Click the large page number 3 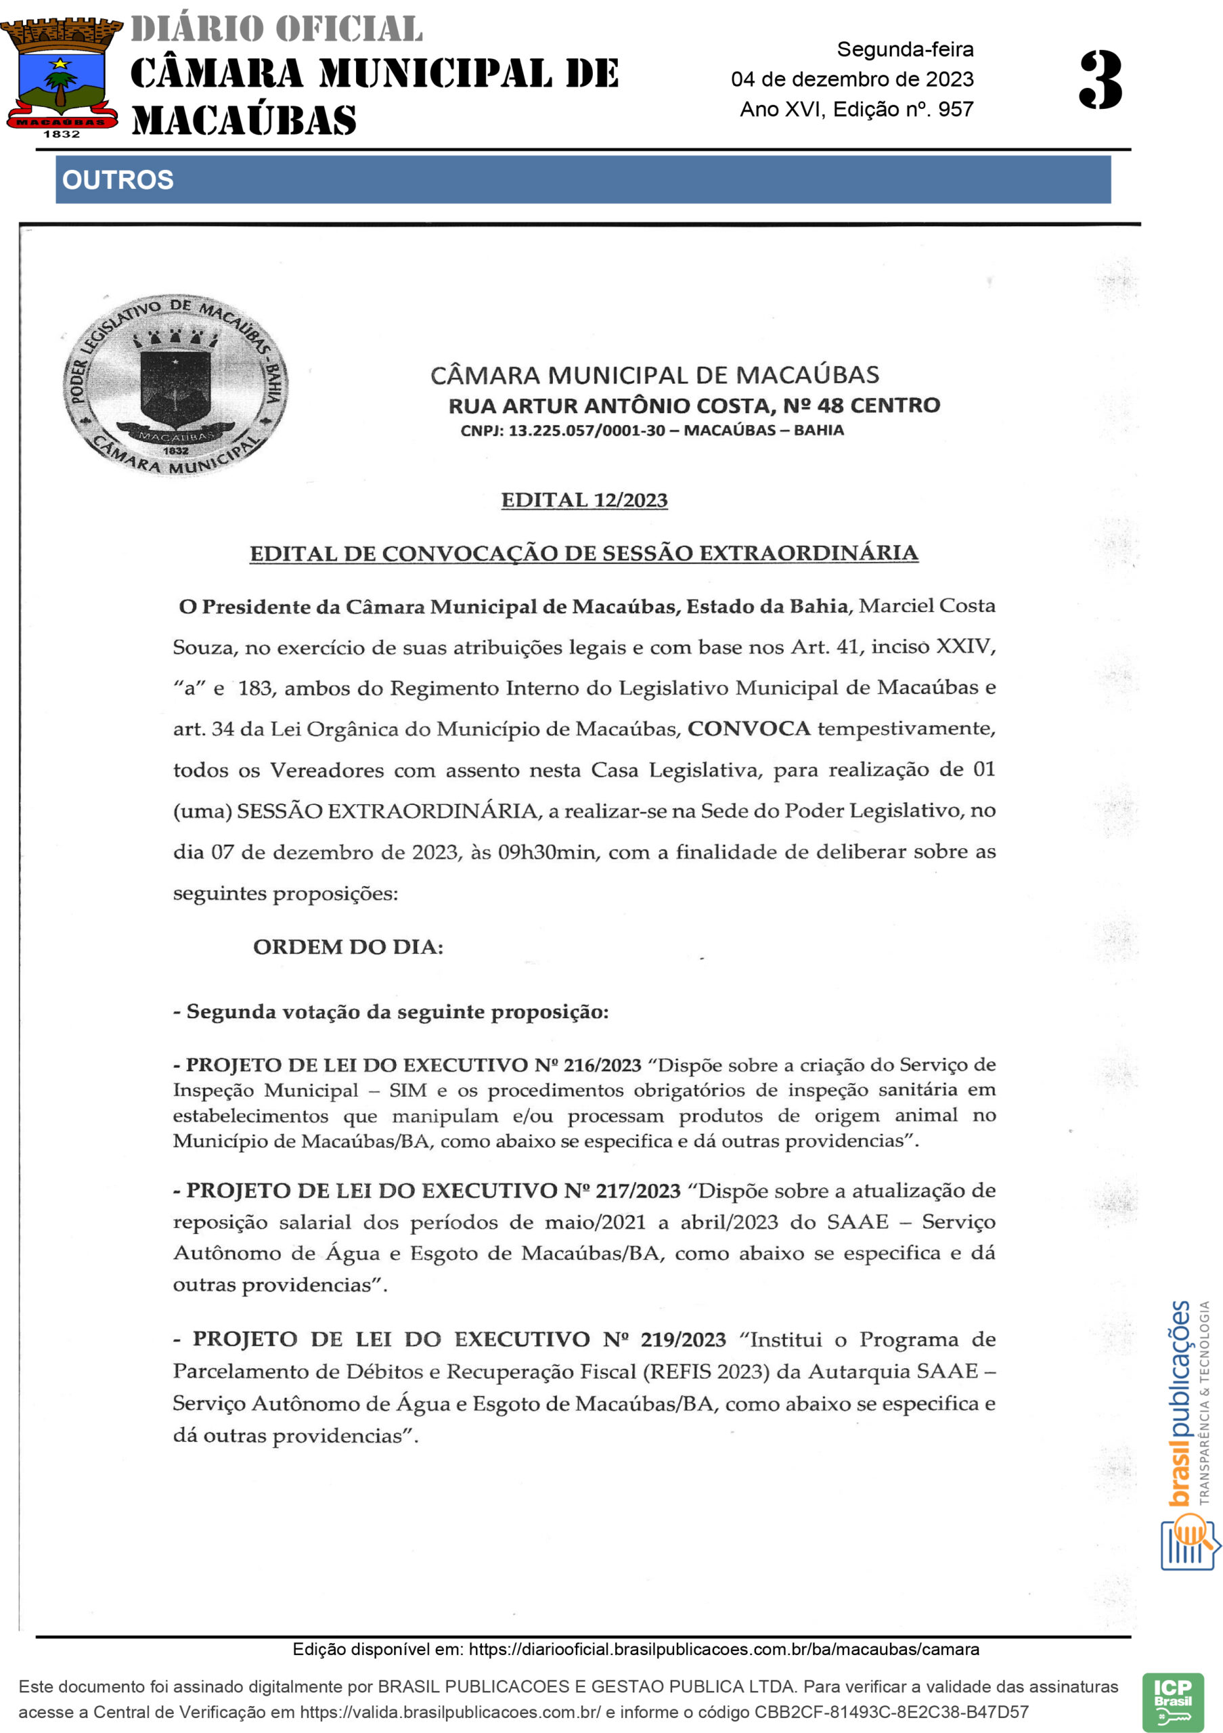pos(1100,79)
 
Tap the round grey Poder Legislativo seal pos(175,385)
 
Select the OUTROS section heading pos(118,179)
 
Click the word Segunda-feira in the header pos(905,50)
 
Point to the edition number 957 pos(956,110)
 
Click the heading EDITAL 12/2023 pos(584,500)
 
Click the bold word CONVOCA pos(749,728)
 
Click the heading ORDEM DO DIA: pos(348,946)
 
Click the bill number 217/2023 pos(638,1190)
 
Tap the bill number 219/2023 pos(683,1339)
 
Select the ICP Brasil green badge pos(1172,1702)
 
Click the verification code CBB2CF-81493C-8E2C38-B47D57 pos(891,1712)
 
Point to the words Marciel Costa pos(927,606)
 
